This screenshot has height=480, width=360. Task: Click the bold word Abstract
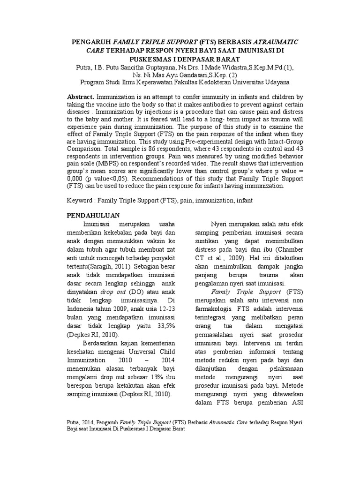81,96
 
